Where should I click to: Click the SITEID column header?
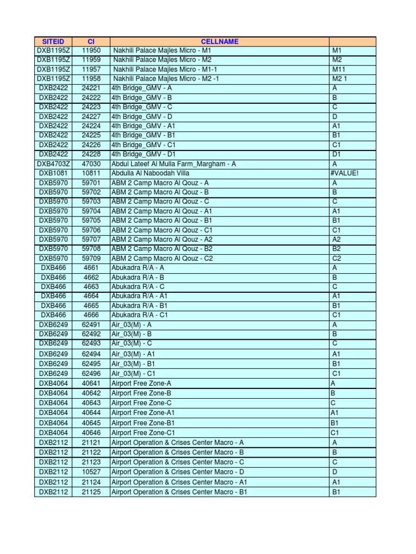point(53,42)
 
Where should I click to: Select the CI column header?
point(91,42)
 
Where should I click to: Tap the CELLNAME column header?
point(219,42)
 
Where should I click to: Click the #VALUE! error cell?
point(344,174)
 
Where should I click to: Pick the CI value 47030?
point(91,164)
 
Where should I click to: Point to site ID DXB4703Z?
point(53,164)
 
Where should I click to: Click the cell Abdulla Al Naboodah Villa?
point(147,174)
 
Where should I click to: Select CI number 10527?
point(91,472)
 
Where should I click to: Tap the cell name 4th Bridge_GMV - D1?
point(142,154)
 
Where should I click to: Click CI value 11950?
point(91,50)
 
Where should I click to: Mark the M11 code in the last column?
point(338,69)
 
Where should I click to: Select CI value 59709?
point(91,259)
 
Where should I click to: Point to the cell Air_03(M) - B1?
point(133,364)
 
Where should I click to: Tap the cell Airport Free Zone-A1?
point(143,412)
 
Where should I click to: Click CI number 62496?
point(91,373)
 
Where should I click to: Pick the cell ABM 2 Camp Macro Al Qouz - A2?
point(162,240)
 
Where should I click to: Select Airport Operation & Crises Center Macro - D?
point(178,472)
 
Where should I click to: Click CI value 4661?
point(91,268)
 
